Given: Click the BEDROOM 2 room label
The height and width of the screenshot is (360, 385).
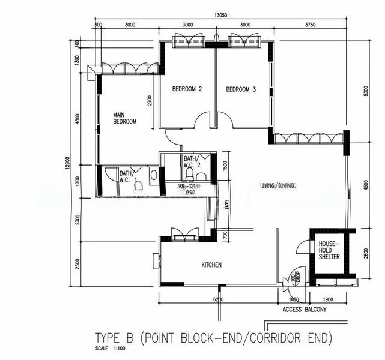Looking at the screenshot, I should (x=187, y=89).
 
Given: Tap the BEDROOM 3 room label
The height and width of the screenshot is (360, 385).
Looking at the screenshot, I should (x=241, y=89).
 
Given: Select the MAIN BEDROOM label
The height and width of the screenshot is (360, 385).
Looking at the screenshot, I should (x=125, y=118).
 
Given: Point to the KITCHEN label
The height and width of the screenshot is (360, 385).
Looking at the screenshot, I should (x=211, y=265).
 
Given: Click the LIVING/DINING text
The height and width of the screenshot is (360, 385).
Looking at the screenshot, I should (x=277, y=187).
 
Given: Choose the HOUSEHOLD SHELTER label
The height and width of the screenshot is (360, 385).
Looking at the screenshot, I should (x=329, y=250).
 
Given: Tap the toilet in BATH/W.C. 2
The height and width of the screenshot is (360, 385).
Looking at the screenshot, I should (x=190, y=173).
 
